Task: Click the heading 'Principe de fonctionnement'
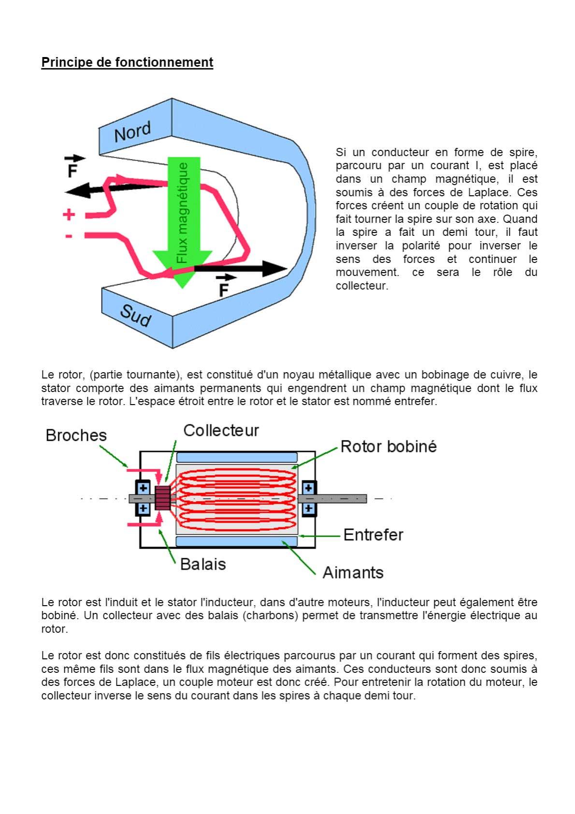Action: tap(127, 62)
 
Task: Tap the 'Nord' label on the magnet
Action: tap(132, 131)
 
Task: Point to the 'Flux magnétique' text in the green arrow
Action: tap(182, 213)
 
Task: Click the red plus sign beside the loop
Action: tap(69, 214)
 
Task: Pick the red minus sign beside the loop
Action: tap(69, 236)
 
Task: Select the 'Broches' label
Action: tap(76, 435)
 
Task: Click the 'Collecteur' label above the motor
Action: tap(221, 430)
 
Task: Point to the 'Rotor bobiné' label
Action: tap(388, 446)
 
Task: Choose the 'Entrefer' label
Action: tap(373, 535)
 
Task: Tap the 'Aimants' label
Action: tap(353, 572)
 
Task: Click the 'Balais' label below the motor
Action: tap(203, 564)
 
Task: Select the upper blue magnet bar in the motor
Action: tap(237, 457)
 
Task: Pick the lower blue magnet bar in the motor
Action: tap(237, 541)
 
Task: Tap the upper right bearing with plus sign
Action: tap(309, 487)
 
